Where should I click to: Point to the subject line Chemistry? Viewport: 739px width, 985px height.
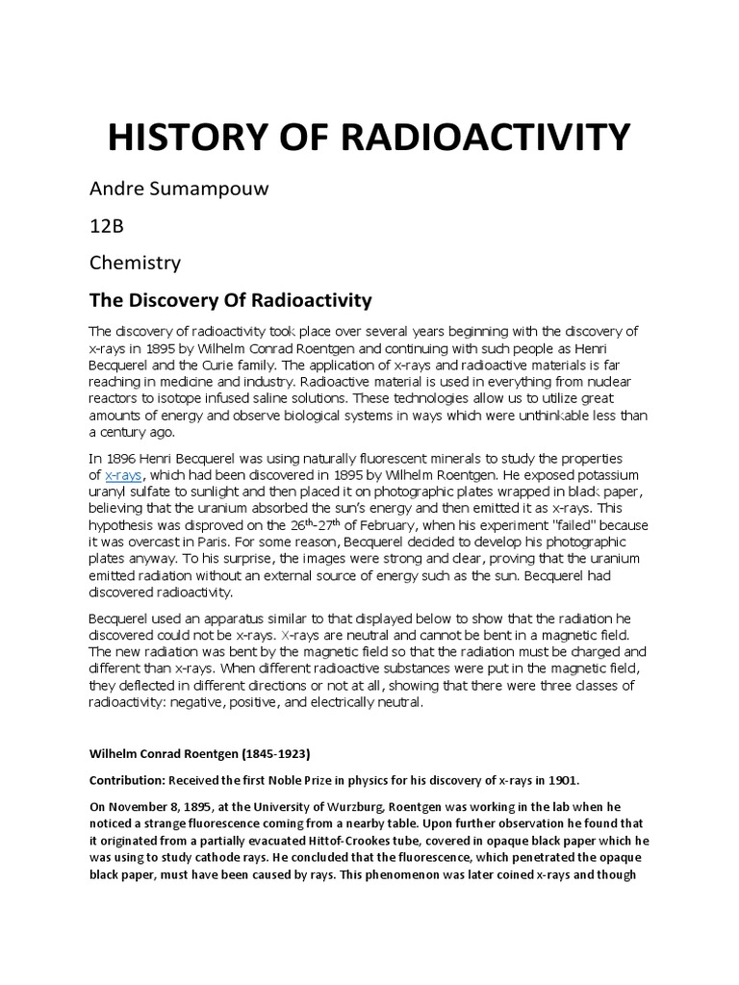pos(135,262)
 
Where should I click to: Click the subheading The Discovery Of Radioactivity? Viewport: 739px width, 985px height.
pos(230,300)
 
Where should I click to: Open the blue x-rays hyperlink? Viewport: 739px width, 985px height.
pos(122,476)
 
